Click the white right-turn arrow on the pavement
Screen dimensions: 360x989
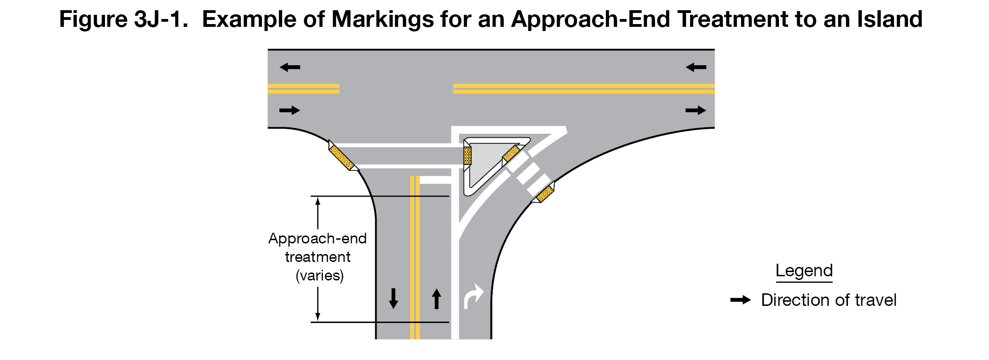(x=473, y=297)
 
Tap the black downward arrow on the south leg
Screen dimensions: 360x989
(x=393, y=298)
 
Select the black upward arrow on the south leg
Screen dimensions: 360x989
(x=436, y=298)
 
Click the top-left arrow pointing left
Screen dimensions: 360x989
(x=290, y=68)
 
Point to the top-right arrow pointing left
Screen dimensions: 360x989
(x=696, y=68)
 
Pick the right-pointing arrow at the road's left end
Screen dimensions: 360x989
(x=290, y=110)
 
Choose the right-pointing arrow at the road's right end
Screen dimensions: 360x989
(x=695, y=110)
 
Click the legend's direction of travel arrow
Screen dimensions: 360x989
(x=741, y=300)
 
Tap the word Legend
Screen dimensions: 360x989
(x=804, y=271)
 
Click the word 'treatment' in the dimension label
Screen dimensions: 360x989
(x=317, y=257)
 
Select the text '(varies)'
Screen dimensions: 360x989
(x=320, y=275)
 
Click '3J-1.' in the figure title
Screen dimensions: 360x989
(x=161, y=19)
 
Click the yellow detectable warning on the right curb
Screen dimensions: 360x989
(x=544, y=194)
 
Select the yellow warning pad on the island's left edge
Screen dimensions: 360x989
(x=467, y=155)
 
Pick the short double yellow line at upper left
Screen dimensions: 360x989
(x=303, y=89)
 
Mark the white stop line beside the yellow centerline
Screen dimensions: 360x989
(x=435, y=180)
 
